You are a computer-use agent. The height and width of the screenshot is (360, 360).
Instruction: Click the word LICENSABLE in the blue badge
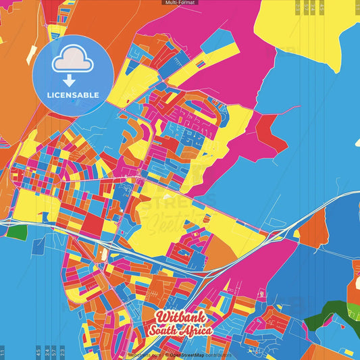click(73, 95)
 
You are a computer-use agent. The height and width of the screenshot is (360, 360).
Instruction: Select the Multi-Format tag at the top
click(180, 3)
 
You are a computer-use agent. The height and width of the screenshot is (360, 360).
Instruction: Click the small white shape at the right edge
click(356, 141)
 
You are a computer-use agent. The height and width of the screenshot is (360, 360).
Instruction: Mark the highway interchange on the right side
click(277, 234)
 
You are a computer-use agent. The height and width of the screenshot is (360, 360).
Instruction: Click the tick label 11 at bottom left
click(3, 352)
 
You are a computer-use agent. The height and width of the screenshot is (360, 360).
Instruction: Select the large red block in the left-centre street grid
click(93, 223)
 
